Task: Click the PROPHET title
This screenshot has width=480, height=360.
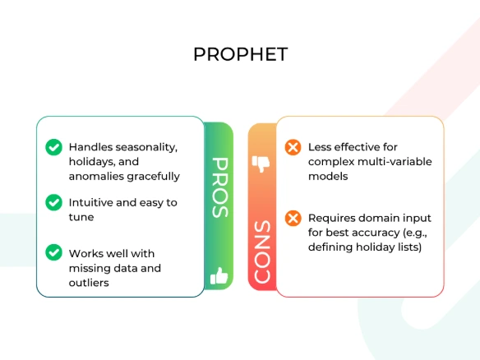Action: (240, 54)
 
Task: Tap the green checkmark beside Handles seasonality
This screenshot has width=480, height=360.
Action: (54, 147)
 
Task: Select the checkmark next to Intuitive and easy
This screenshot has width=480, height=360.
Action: (54, 202)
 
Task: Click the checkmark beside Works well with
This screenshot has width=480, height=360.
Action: (54, 252)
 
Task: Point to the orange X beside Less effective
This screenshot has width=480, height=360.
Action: (293, 147)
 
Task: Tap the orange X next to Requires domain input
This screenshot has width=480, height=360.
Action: (293, 218)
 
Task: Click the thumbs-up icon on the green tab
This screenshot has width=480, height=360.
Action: (219, 276)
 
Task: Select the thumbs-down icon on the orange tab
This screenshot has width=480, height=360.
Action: (261, 164)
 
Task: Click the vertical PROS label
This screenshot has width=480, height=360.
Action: (220, 187)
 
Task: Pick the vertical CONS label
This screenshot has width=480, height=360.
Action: (262, 252)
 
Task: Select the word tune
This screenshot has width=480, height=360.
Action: (81, 217)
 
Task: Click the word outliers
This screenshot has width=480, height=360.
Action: (89, 283)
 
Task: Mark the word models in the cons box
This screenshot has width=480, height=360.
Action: (328, 177)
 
